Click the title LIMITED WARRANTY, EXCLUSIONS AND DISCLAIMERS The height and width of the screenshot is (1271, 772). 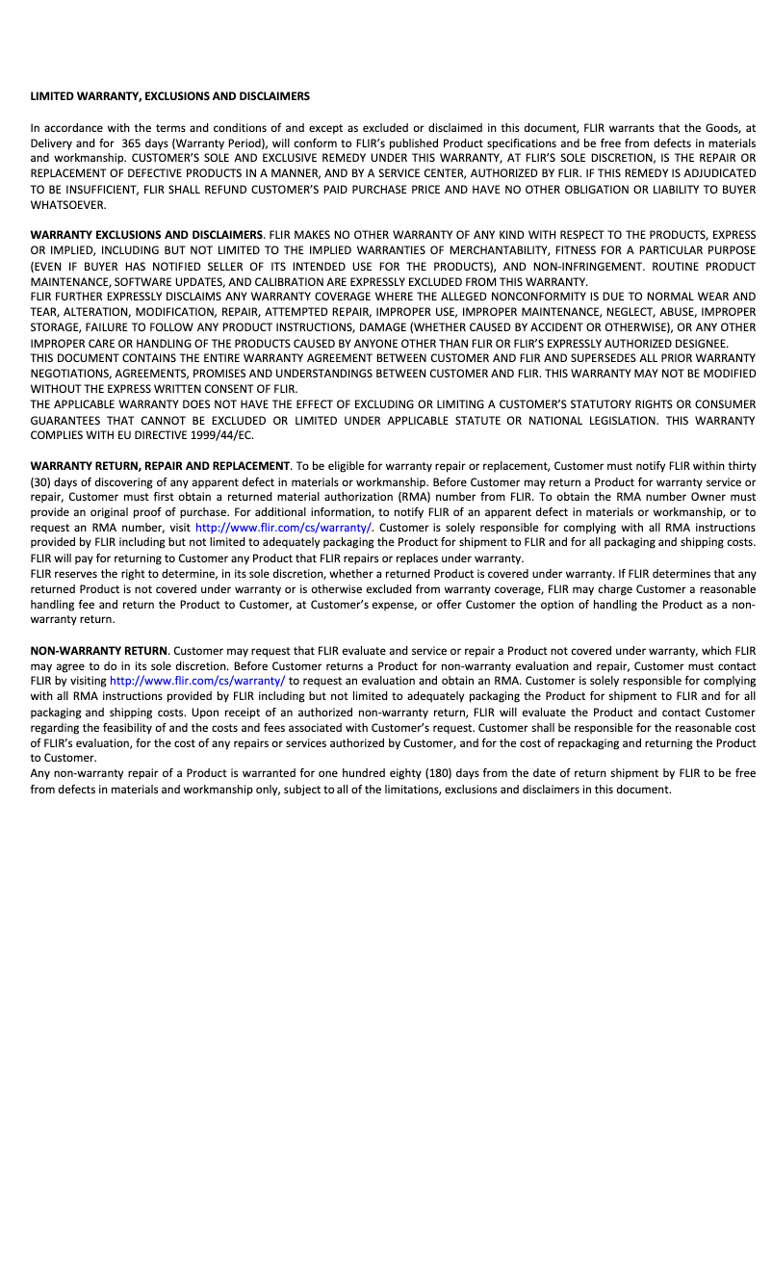point(170,96)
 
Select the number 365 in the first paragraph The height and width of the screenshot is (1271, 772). point(132,143)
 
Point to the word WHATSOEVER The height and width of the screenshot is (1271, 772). point(68,205)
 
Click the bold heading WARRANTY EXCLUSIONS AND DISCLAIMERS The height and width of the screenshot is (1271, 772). point(146,235)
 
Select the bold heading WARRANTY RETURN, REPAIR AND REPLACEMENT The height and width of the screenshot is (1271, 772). point(160,466)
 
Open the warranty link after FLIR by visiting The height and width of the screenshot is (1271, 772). point(197,682)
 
